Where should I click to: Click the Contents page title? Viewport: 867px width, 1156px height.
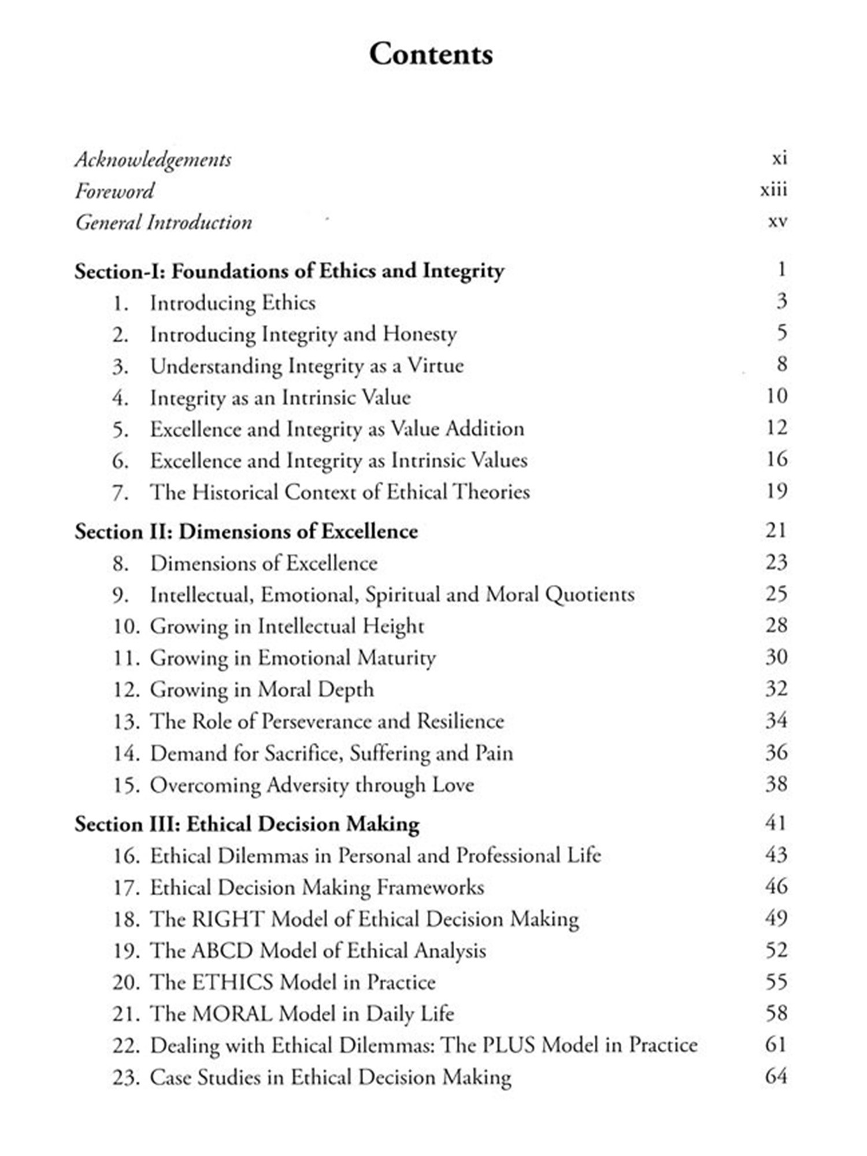click(431, 54)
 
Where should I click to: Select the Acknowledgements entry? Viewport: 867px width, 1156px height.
click(153, 160)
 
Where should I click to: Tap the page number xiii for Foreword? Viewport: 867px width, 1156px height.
click(773, 190)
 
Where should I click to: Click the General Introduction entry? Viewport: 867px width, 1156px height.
click(164, 223)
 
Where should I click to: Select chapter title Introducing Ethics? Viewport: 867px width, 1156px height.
click(233, 303)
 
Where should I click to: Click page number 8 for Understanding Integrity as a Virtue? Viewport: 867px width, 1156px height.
click(781, 364)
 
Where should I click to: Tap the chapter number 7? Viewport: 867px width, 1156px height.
click(120, 493)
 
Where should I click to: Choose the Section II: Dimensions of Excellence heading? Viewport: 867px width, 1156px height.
click(246, 532)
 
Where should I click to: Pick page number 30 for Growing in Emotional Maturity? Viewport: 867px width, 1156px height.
click(776, 657)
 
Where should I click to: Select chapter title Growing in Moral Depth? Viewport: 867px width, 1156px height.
click(262, 690)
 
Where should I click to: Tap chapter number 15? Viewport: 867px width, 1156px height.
click(126, 786)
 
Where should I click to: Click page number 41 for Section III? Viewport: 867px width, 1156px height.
click(776, 823)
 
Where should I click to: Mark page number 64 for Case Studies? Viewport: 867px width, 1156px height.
click(776, 1077)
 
